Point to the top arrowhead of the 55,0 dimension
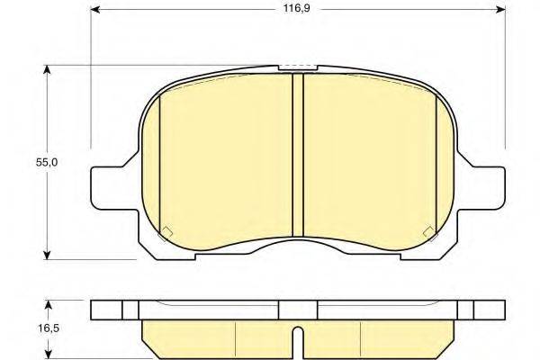[x=48, y=68]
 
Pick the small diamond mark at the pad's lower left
[x=166, y=231]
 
